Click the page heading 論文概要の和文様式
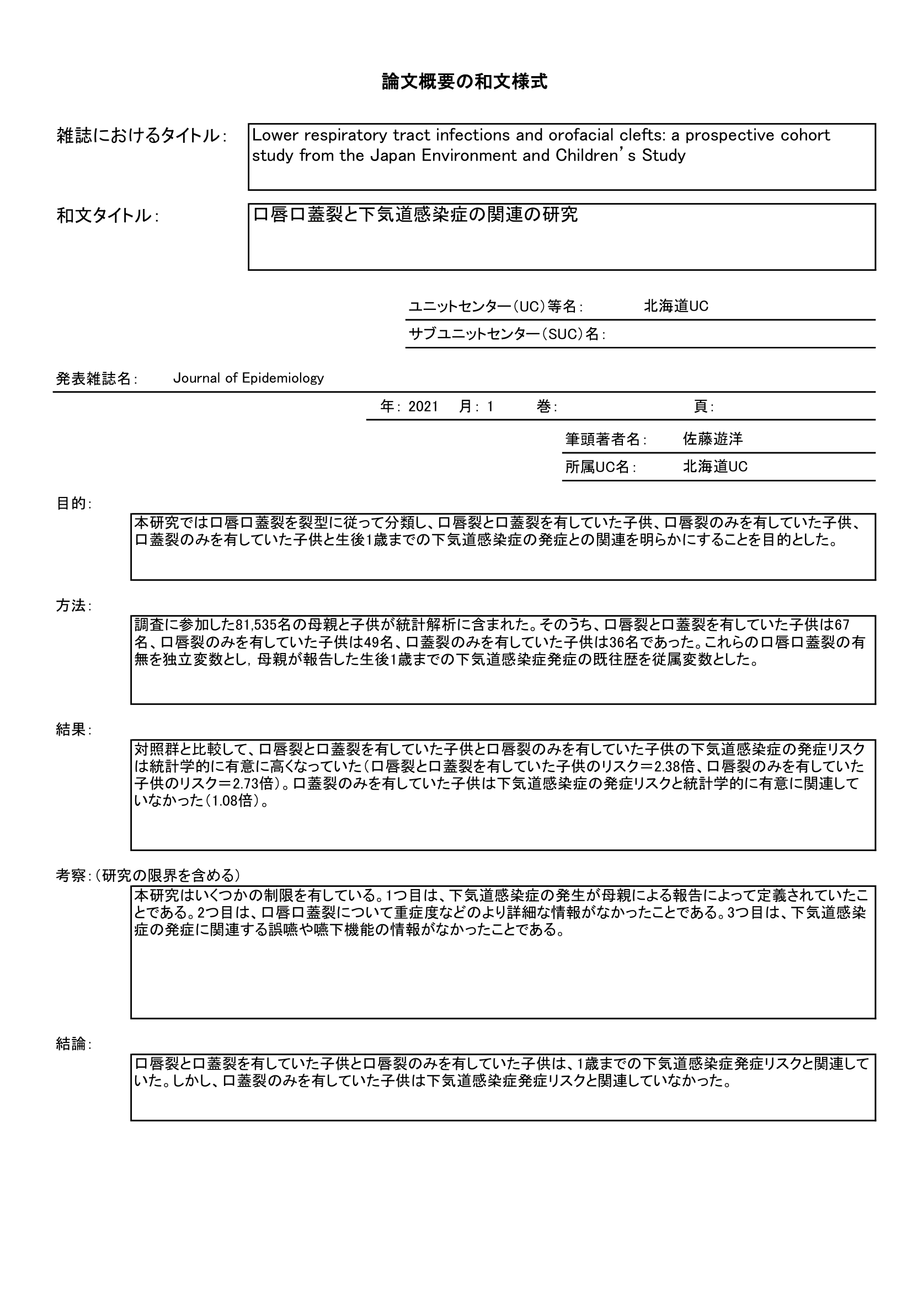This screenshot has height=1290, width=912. pos(464,82)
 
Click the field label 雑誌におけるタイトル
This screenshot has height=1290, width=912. pos(138,136)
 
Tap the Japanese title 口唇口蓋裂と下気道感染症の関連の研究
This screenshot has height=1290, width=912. pos(415,215)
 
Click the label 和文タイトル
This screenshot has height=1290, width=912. pos(104,216)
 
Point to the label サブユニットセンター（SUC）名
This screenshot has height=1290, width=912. pos(504,334)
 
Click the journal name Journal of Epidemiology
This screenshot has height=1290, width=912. pos(248,378)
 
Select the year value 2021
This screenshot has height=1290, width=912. pos(423,407)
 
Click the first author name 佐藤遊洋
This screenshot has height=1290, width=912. pos(712,439)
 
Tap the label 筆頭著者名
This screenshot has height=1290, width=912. pos(603,440)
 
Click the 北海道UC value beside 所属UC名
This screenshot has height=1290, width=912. pos(715,467)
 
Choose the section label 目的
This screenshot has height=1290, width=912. pos(71,504)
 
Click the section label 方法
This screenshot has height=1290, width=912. pos(71,606)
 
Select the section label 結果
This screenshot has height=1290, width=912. pos(71,730)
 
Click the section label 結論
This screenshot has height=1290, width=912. pos(71,1044)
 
